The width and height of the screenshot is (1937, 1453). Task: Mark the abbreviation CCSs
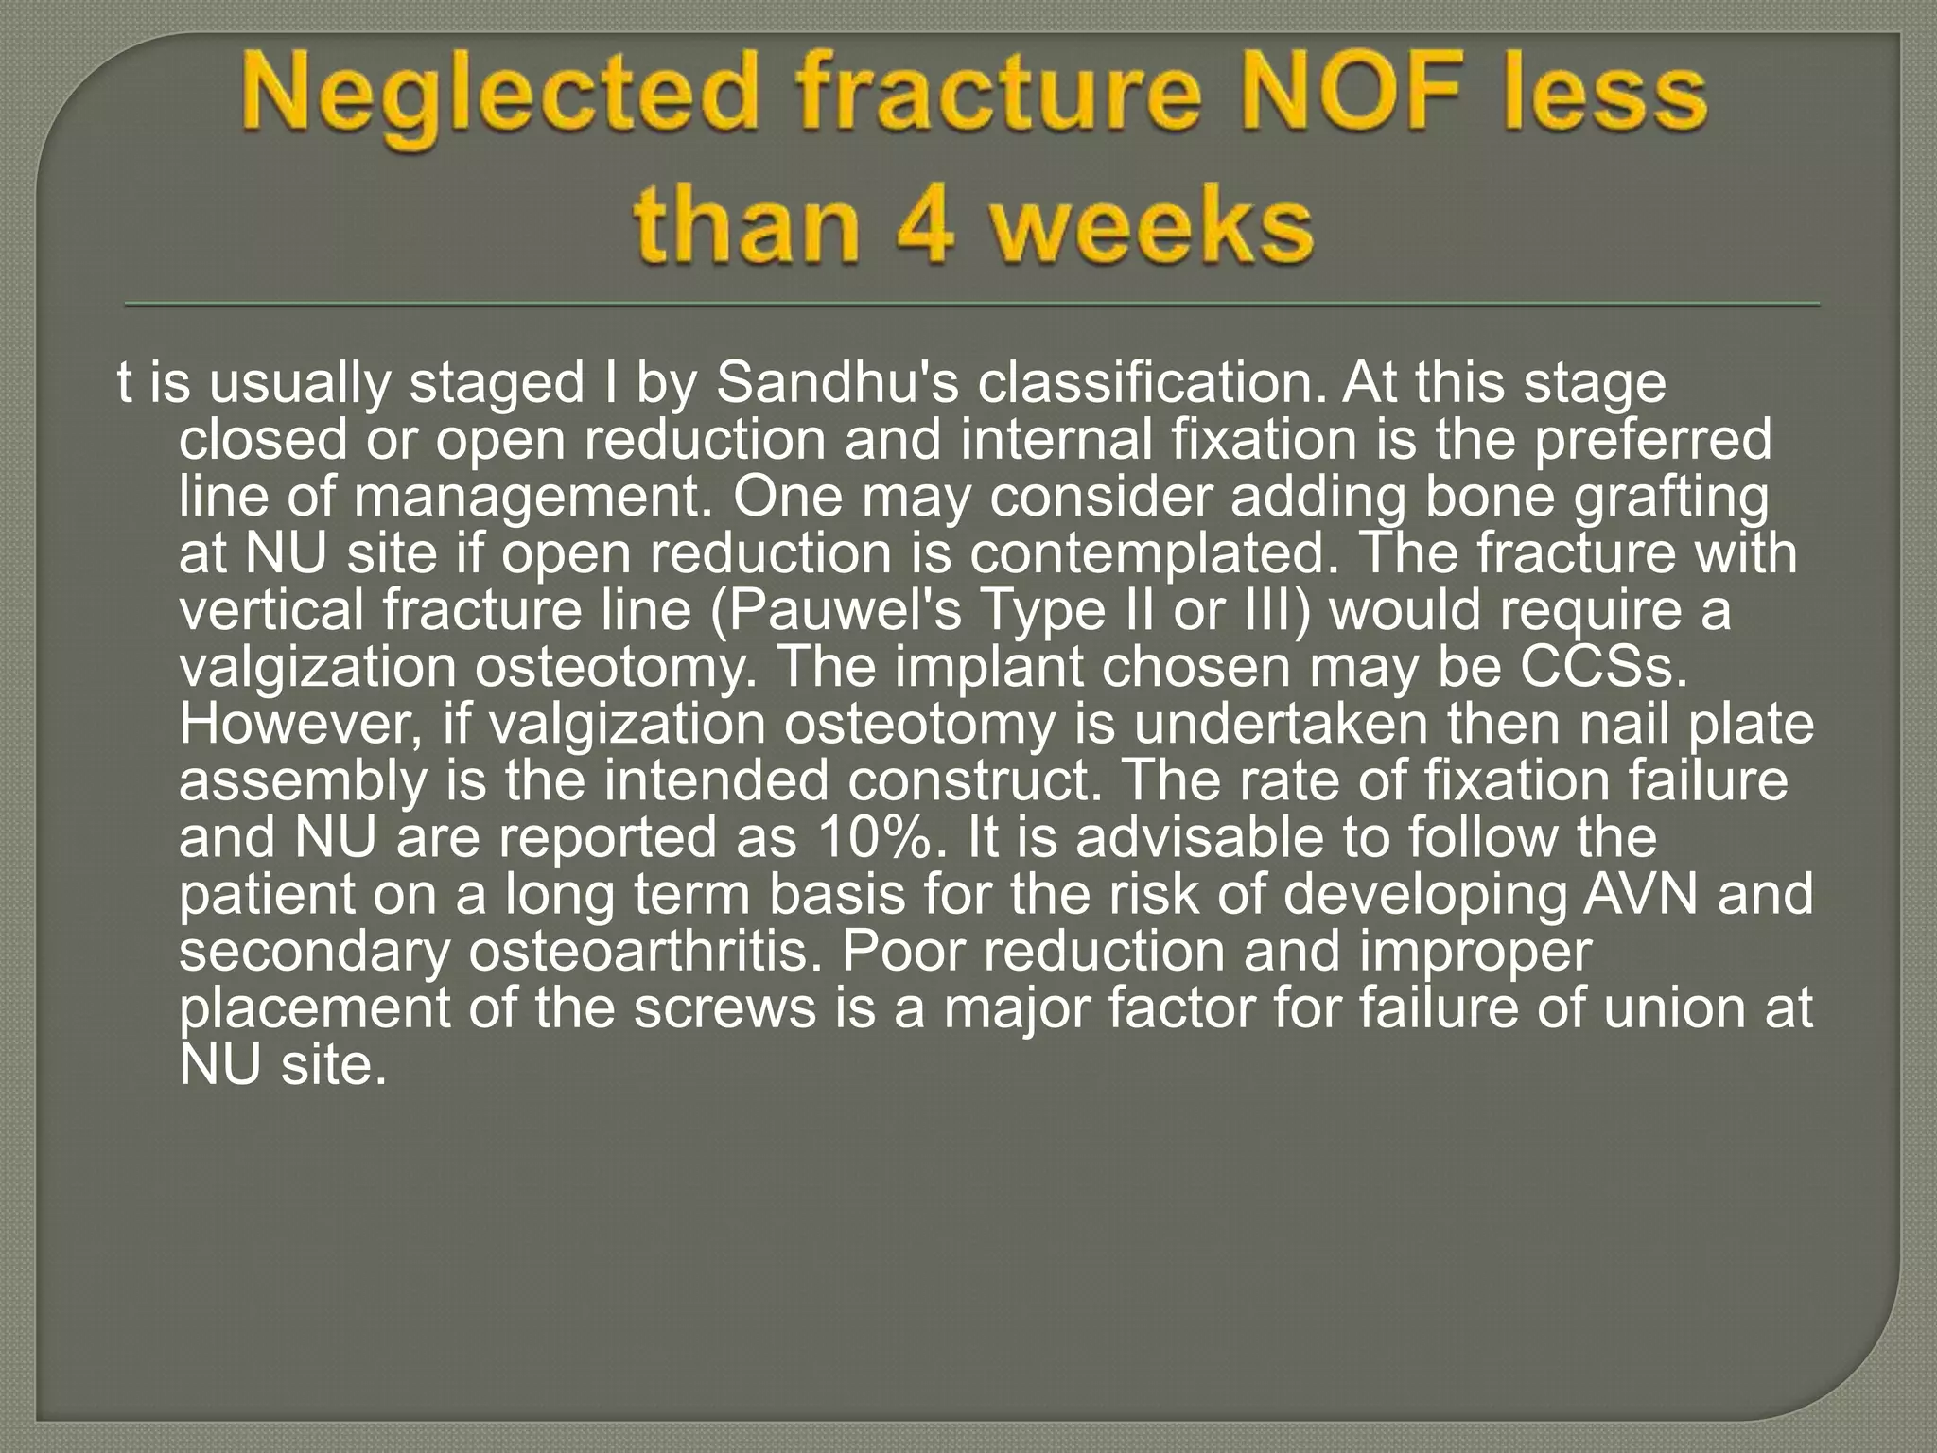1604,667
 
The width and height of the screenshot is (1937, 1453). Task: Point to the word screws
724,1007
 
